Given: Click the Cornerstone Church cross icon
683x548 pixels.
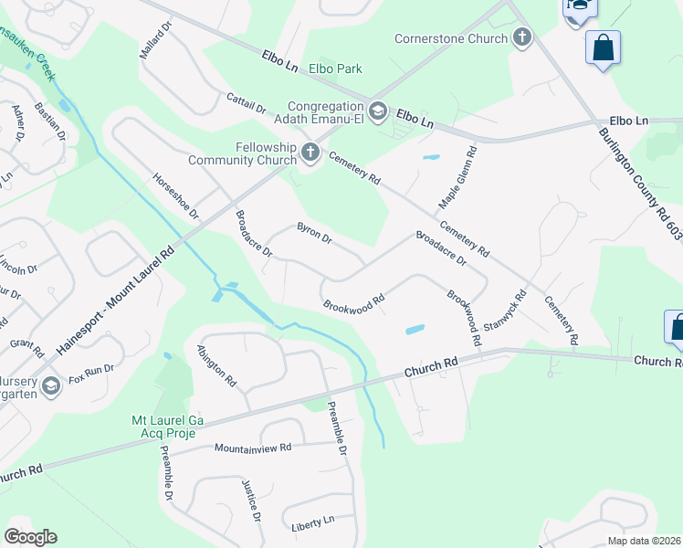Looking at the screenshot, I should click(x=521, y=37).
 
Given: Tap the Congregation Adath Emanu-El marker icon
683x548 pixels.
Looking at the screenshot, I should click(x=379, y=111).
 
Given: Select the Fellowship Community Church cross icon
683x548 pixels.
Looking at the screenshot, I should click(x=310, y=152).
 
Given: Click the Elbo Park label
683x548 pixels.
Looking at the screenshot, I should click(x=335, y=68).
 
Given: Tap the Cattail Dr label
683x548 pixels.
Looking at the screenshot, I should click(x=246, y=102).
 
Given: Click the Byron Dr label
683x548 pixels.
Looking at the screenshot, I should click(x=313, y=234).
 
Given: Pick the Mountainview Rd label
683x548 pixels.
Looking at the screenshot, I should click(x=253, y=448).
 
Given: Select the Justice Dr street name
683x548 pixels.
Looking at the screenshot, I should click(x=252, y=500).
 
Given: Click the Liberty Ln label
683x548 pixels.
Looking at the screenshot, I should click(x=312, y=524).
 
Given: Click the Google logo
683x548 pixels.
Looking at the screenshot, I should click(x=30, y=537).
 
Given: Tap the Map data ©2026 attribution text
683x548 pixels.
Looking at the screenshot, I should click(x=644, y=541).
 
